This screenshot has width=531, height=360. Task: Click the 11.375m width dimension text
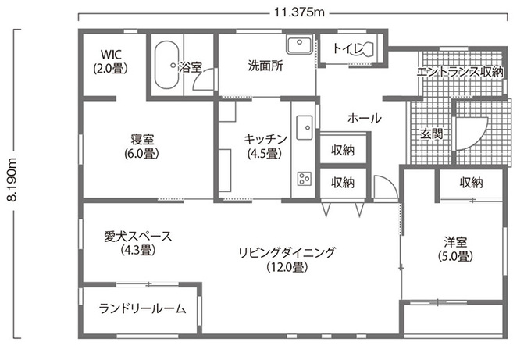click(x=299, y=12)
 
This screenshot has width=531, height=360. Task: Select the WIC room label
click(x=111, y=61)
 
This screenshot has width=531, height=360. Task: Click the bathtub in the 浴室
click(x=166, y=65)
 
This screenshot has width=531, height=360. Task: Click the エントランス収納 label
click(x=460, y=72)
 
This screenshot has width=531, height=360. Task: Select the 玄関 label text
click(x=431, y=134)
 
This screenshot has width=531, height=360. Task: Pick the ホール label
click(x=365, y=118)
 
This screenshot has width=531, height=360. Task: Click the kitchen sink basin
click(x=305, y=127)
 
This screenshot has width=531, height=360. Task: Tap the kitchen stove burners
click(x=305, y=178)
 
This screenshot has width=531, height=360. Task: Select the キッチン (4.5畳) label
click(x=265, y=146)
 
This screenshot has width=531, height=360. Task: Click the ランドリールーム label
click(x=143, y=308)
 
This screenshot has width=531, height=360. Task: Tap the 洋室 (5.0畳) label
click(x=455, y=249)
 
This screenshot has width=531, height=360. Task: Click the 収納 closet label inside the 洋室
click(x=471, y=183)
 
